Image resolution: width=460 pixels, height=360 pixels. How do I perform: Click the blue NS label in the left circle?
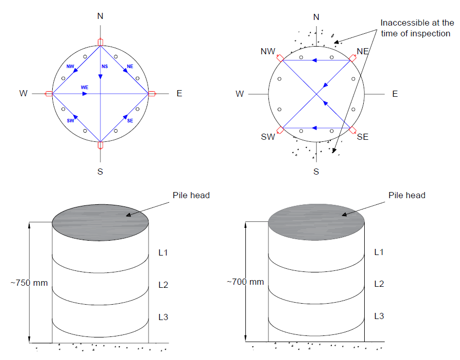tap(104, 67)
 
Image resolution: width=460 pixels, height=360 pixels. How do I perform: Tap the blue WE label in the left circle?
tap(85, 88)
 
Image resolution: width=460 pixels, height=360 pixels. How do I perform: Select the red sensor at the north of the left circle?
tap(100, 42)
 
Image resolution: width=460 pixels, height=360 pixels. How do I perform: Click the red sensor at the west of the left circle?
tap(49, 94)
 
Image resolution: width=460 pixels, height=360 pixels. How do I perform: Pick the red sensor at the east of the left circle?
tap(152, 94)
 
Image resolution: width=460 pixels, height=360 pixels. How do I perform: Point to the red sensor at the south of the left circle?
tap(100, 145)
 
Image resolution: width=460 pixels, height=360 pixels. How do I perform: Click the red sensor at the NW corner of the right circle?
tap(280, 58)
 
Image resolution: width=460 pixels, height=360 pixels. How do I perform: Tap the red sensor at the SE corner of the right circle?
tap(352, 130)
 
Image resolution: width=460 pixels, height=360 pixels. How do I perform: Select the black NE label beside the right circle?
tap(363, 51)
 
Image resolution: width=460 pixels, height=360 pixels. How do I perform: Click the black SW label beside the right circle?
tap(268, 137)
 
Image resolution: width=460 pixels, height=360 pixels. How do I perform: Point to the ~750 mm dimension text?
tap(29, 283)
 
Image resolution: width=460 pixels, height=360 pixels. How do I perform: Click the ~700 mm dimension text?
tap(245, 282)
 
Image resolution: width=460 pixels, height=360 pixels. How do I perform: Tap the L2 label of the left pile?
tap(163, 285)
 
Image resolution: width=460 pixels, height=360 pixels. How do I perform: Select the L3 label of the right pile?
tap(379, 316)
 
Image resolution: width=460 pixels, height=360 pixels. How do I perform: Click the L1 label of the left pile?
tap(163, 252)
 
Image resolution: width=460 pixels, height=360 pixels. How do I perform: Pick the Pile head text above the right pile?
tap(407, 195)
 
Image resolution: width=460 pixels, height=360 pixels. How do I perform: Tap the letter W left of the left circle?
tap(24, 94)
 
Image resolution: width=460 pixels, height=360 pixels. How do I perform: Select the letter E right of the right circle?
tap(395, 94)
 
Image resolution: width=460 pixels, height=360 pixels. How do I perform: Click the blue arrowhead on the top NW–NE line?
tap(314, 60)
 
